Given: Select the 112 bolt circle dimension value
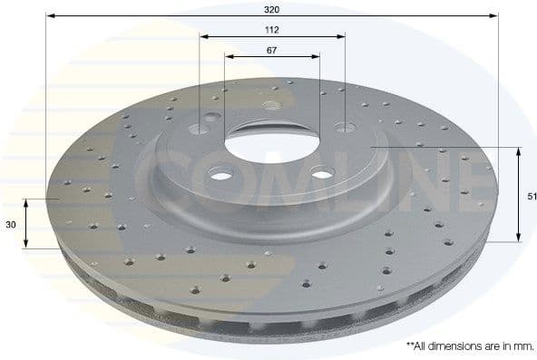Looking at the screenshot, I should [x=272, y=29].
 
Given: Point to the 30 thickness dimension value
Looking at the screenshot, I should [x=10, y=224].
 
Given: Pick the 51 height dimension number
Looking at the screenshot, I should [x=530, y=194].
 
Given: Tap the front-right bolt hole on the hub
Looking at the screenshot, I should [x=322, y=175].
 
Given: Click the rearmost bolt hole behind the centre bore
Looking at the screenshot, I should [x=271, y=105].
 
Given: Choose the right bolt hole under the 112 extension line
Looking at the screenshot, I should [x=344, y=127].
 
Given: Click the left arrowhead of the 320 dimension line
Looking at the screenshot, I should [x=51, y=16].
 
